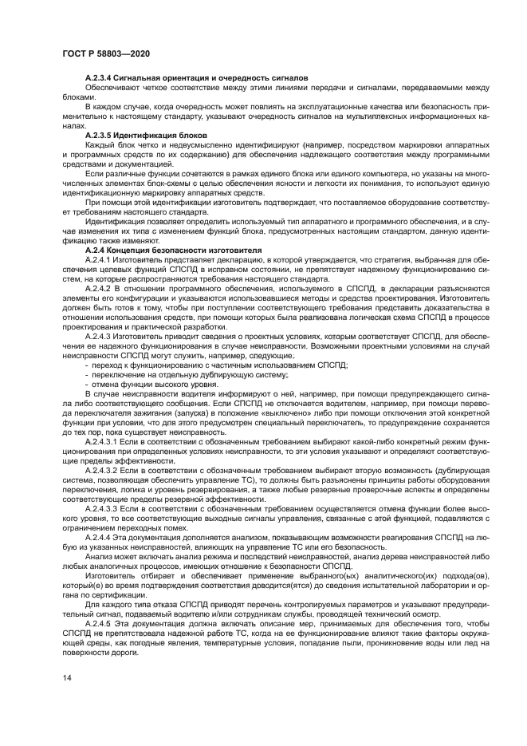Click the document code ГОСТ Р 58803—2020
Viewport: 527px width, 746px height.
pos(107,53)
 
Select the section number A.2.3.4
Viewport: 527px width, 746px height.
pos(101,77)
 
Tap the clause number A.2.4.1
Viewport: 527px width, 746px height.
pos(100,259)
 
